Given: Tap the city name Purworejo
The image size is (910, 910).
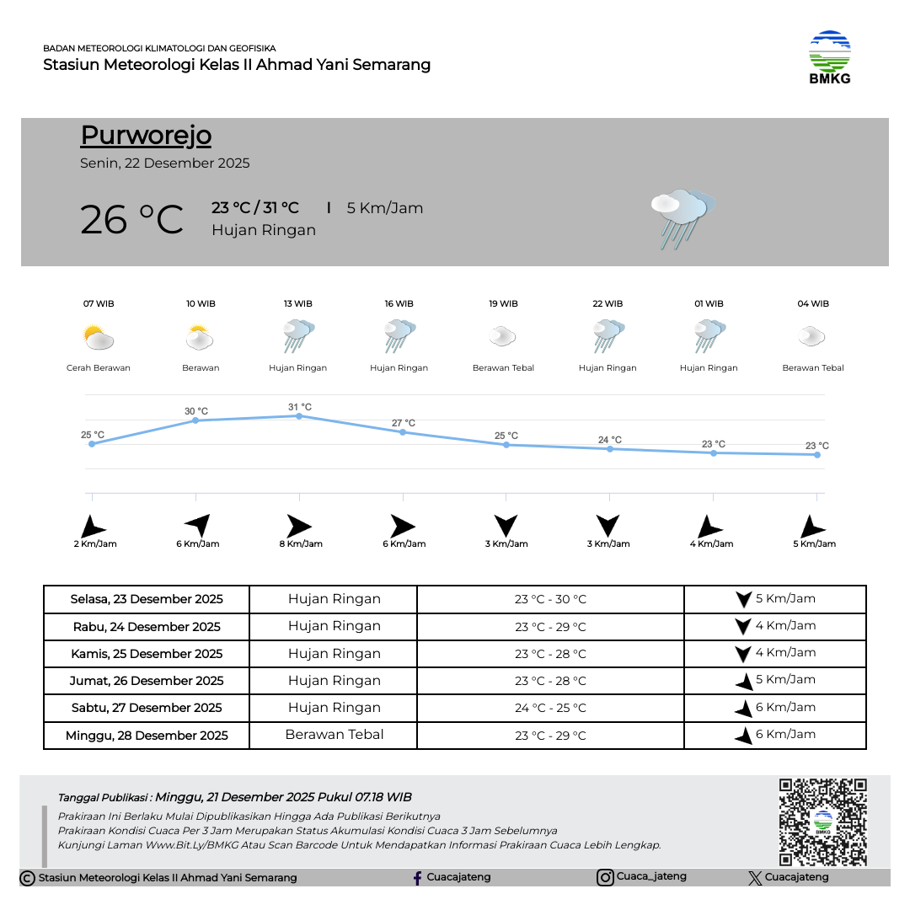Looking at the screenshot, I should pos(146,136).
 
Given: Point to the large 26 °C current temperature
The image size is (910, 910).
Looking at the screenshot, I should pos(131,219).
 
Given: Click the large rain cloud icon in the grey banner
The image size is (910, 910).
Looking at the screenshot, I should pos(682,217).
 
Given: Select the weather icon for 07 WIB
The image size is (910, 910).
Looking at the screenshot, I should pos(99,339).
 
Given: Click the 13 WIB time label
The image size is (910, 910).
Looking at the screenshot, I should pos(298,303).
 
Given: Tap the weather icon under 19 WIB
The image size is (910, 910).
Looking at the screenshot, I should pos(502,337).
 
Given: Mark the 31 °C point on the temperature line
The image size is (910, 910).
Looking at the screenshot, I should pos(299,415).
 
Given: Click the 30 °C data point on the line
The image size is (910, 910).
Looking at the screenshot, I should pos(195,420).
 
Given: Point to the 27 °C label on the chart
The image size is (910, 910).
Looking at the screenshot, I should pos(404,423).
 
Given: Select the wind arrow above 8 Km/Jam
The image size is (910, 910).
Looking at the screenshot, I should pos(298,526).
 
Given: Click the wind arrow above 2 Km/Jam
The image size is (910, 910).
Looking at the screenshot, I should pos(92,527).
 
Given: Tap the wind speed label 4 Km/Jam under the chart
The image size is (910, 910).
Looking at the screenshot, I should pos(711,544).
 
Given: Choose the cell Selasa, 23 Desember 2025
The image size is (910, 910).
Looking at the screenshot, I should pos(147,599).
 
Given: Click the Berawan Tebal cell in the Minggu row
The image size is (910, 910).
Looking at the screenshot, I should pos(335,735).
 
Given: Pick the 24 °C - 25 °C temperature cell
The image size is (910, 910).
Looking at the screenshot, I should pos(550,708).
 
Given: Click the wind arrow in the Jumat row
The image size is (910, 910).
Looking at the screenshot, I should pos(744,681).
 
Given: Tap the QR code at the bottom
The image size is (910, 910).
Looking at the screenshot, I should pos(822,822).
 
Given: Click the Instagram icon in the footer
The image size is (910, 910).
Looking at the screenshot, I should pos(605,877).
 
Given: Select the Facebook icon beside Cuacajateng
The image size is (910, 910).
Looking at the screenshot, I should pos(417,878).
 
